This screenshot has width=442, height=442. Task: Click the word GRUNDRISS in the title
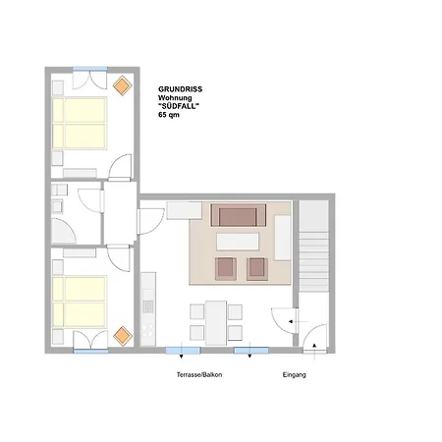[x=180, y=89]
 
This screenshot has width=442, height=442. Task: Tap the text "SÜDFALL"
[x=179, y=106]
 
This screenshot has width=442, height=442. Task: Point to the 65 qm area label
[x=169, y=115]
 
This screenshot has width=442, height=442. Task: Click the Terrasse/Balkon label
[x=199, y=374]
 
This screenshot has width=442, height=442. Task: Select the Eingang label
[x=295, y=374]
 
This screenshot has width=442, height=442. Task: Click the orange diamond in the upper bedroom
[x=123, y=85]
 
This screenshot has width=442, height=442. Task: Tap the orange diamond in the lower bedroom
[x=123, y=336]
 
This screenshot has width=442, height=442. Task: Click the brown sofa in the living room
[x=238, y=215]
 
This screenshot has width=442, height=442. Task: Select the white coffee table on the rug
[x=238, y=242]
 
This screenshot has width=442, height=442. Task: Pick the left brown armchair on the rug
[x=226, y=268]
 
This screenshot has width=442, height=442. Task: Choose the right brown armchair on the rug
[x=257, y=268]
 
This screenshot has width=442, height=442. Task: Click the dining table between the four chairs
[x=216, y=323]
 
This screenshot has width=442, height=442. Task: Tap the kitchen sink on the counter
[x=148, y=306]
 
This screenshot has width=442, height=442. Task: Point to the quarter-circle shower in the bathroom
[x=63, y=231]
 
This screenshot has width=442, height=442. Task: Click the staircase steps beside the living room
[x=313, y=261]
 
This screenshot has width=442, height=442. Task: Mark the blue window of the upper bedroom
[x=90, y=69]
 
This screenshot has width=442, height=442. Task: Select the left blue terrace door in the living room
[x=183, y=351]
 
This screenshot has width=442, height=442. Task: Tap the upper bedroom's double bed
[x=80, y=123]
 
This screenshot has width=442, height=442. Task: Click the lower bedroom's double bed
[x=80, y=302]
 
